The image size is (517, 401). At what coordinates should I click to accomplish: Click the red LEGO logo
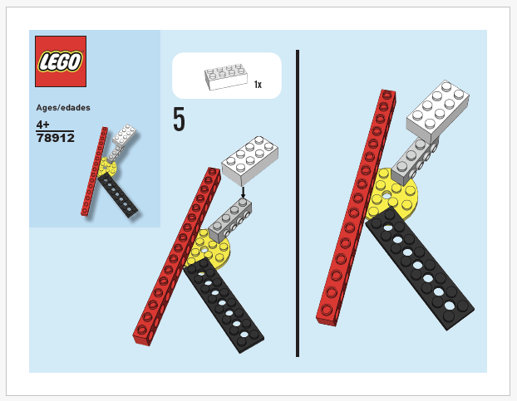click(x=61, y=61)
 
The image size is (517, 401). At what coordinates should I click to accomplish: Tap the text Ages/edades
click(x=63, y=107)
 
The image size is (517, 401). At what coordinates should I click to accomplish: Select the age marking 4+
click(x=44, y=124)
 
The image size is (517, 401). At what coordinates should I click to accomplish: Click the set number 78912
click(x=56, y=138)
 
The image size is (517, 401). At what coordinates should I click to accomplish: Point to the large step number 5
click(x=179, y=120)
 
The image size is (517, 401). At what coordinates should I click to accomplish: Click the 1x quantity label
click(x=258, y=85)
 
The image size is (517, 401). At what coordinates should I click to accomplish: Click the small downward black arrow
click(x=243, y=192)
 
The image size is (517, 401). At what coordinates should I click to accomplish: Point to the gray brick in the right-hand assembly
click(x=411, y=157)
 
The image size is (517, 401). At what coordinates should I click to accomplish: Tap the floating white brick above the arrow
click(x=249, y=160)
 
